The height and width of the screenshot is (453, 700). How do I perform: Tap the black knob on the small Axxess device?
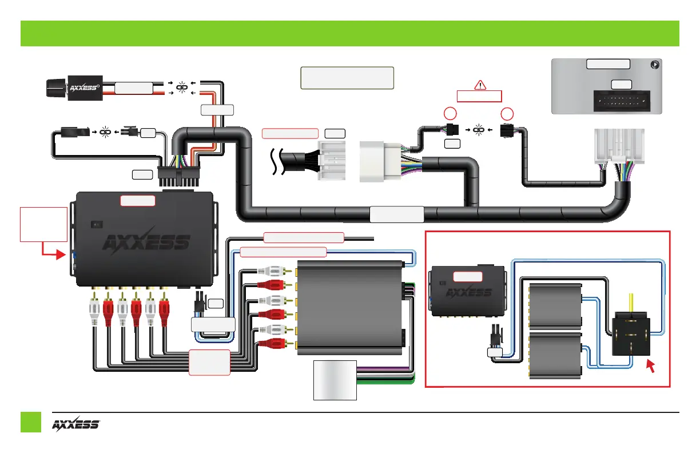click(x=55, y=89)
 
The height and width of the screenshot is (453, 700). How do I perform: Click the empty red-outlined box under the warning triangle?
click(x=479, y=96)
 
